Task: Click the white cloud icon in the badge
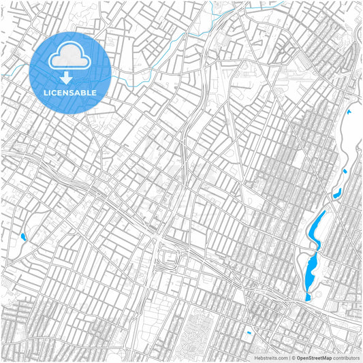pyautogui.click(x=69, y=58)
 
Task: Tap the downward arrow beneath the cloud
pyautogui.click(x=66, y=78)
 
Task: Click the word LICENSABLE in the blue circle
pyautogui.click(x=70, y=92)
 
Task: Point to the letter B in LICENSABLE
pyautogui.click(x=84, y=92)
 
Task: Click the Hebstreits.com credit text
pyautogui.click(x=271, y=357)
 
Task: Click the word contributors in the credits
pyautogui.click(x=347, y=357)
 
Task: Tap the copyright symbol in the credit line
pyautogui.click(x=293, y=357)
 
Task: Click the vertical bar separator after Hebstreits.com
pyautogui.click(x=289, y=357)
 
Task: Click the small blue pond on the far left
pyautogui.click(x=23, y=237)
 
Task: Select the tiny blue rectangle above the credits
pyautogui.click(x=248, y=333)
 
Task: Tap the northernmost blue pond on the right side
pyautogui.click(x=349, y=112)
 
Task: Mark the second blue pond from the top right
pyautogui.click(x=345, y=171)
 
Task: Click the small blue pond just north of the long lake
pyautogui.click(x=336, y=193)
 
